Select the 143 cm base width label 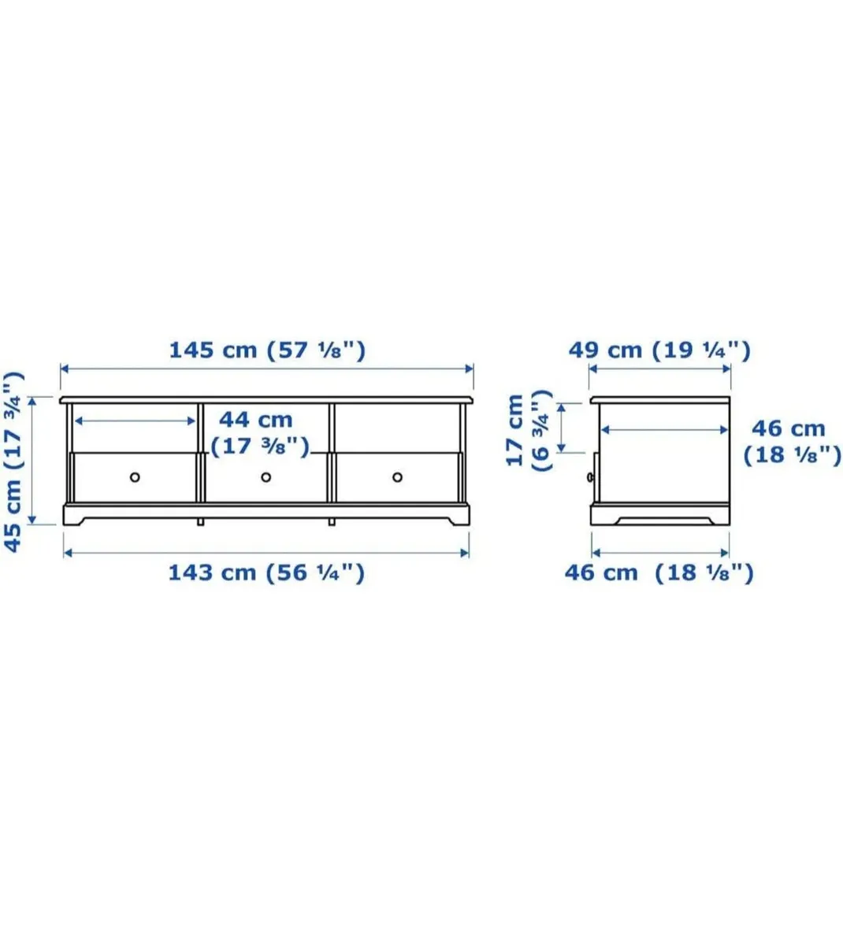click(212, 573)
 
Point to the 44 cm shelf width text click(255, 420)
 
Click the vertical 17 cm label click(515, 430)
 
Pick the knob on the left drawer click(135, 477)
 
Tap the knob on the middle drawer click(266, 477)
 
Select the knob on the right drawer click(397, 477)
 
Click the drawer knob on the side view click(589, 477)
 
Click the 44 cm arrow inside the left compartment click(135, 421)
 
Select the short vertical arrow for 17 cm click(561, 428)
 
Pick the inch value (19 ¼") click(701, 350)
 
